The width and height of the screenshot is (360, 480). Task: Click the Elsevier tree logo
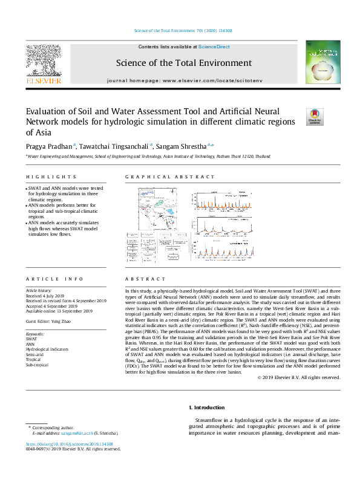(x=42, y=62)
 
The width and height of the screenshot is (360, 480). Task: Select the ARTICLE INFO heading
(x=54, y=279)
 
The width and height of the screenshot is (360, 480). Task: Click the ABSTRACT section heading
(x=145, y=279)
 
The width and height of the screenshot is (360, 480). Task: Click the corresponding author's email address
(x=77, y=433)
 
